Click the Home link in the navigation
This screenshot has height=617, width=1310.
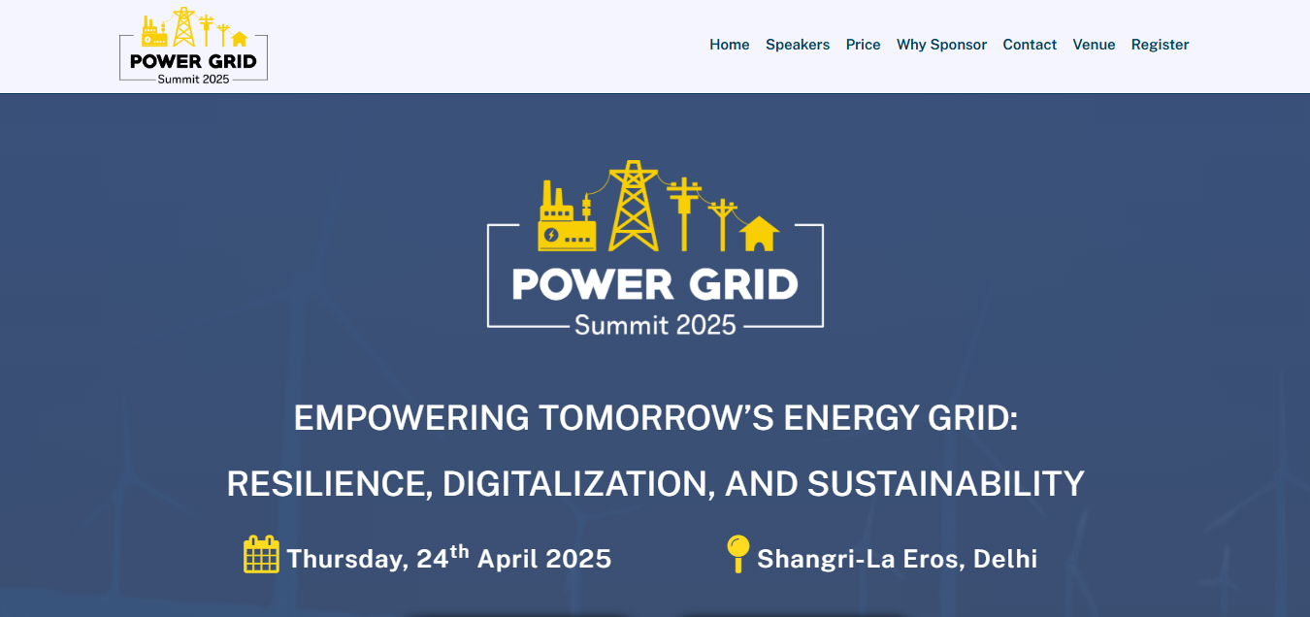click(x=730, y=45)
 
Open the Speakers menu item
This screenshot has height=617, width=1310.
click(x=798, y=45)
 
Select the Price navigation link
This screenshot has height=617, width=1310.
click(x=863, y=45)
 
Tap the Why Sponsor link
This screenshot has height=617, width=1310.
click(x=941, y=45)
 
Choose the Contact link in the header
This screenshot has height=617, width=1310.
click(x=1030, y=45)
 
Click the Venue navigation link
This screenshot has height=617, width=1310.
click(x=1094, y=45)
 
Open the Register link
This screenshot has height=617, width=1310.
click(x=1160, y=45)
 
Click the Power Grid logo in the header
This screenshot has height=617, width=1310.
click(x=193, y=46)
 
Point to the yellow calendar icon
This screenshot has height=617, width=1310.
click(x=261, y=554)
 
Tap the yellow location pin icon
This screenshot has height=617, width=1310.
click(x=738, y=553)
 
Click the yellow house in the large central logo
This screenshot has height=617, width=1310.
click(x=759, y=234)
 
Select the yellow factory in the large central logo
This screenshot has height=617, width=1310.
click(x=567, y=216)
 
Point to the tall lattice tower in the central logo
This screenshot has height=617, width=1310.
click(x=634, y=206)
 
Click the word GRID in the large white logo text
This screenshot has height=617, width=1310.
click(x=743, y=285)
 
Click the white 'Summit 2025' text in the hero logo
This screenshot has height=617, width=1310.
click(x=655, y=325)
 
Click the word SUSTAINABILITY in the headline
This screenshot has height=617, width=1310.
click(x=946, y=484)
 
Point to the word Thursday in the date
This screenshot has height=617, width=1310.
click(x=347, y=559)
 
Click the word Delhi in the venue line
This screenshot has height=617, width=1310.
click(x=1005, y=559)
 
